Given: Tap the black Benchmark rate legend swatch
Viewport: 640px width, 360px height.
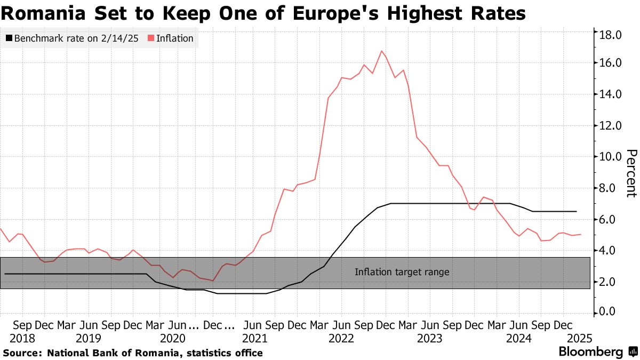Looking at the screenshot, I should tap(9, 38).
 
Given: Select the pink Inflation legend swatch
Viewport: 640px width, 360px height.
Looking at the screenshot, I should tap(151, 38).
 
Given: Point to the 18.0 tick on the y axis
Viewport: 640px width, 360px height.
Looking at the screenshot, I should tap(611, 35).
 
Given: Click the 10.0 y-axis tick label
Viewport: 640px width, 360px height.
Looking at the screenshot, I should tap(611, 157).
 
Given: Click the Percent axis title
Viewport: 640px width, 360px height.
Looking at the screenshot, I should tap(630, 173).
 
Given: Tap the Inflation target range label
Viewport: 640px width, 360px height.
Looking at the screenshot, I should tap(402, 272).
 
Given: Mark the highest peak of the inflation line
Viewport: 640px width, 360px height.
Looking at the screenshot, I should tap(381, 51).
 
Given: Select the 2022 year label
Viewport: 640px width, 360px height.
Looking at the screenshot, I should tap(342, 338).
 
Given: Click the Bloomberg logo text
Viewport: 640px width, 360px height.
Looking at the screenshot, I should tap(590, 352).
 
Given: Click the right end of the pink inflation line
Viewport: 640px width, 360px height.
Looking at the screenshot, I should tap(580, 234).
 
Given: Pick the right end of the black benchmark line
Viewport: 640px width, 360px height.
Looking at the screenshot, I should tap(577, 212).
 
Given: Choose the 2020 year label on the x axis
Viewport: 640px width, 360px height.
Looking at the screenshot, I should tap(172, 338).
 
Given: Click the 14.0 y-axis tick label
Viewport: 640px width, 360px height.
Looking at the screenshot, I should tap(611, 94).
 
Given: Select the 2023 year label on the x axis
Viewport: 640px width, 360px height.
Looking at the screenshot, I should tap(430, 338).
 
